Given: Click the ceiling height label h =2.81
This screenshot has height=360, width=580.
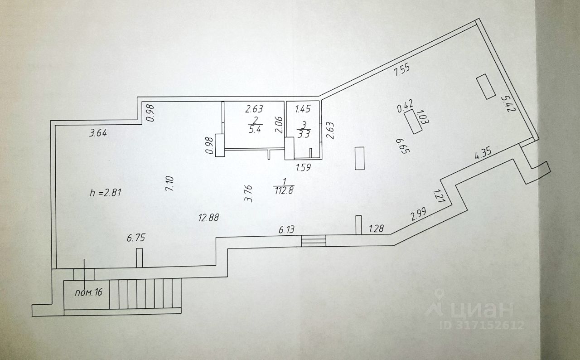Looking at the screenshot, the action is coord(106,192).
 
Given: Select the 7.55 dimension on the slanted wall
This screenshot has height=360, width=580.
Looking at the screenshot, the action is coord(402,72).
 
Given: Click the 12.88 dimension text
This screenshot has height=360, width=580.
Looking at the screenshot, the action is coord(209,218).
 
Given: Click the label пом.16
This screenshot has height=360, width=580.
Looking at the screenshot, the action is coord(88,292).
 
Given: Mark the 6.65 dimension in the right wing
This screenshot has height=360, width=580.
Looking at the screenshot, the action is coord(399,146).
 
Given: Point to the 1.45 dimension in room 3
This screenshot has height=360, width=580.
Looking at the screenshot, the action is coord(303,109).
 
